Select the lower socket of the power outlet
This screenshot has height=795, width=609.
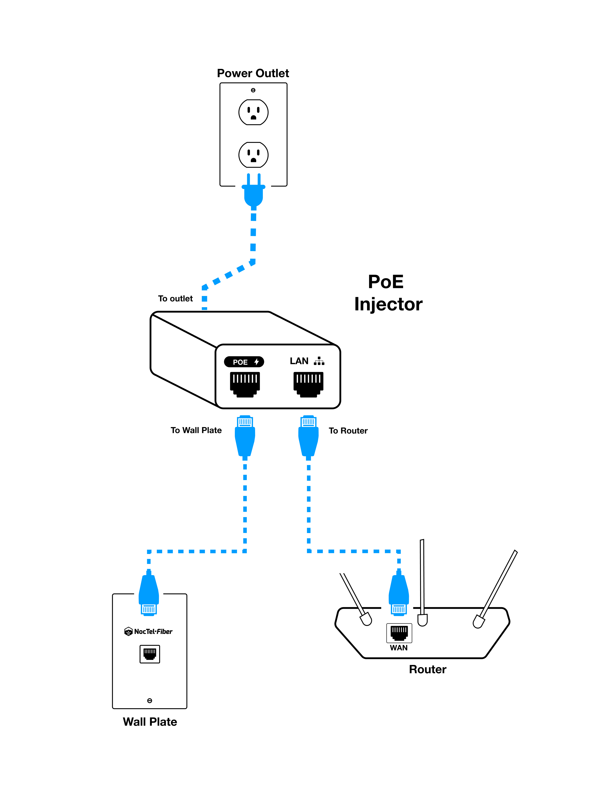pyautogui.click(x=253, y=155)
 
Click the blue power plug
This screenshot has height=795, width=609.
pyautogui.click(x=253, y=192)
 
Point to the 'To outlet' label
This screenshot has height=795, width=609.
pyautogui.click(x=175, y=298)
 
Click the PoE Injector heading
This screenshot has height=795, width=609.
pyautogui.click(x=388, y=293)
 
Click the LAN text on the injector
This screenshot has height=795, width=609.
pyautogui.click(x=299, y=361)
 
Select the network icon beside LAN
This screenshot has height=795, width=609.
pyautogui.click(x=319, y=361)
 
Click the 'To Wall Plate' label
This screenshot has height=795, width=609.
pyautogui.click(x=196, y=430)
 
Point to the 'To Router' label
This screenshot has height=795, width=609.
pyautogui.click(x=348, y=431)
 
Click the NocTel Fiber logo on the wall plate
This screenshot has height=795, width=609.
pyautogui.click(x=149, y=631)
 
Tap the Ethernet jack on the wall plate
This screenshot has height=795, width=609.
pyautogui.click(x=150, y=654)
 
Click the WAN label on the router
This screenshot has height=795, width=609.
pyautogui.click(x=399, y=648)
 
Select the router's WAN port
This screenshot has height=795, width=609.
pyautogui.click(x=399, y=633)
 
